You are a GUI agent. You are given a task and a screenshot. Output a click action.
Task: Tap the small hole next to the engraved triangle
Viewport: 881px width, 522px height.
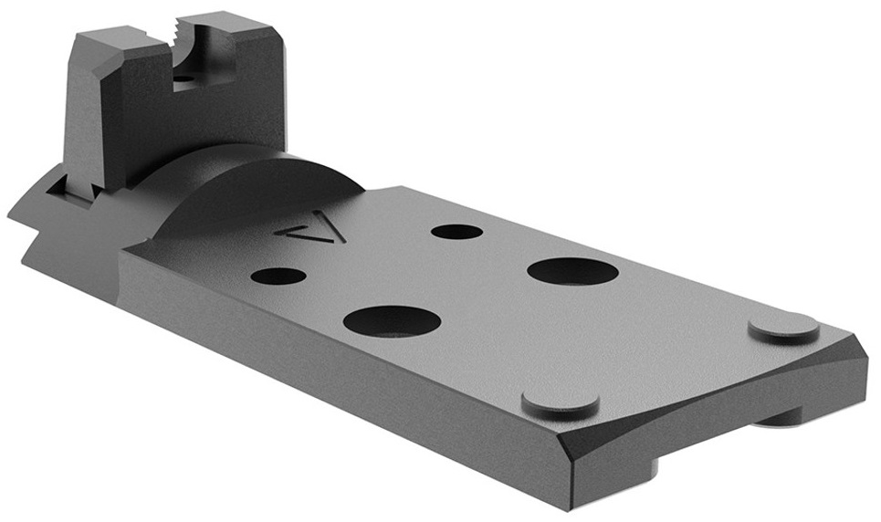pyautogui.click(x=278, y=275)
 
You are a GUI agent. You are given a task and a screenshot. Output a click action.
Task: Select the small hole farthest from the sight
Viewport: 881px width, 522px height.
pyautogui.click(x=456, y=231)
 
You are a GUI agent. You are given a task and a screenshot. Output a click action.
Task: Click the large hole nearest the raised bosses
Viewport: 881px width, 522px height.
pyautogui.click(x=572, y=271)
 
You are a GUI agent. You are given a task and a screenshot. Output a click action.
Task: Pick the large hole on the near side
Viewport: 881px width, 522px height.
pyautogui.click(x=392, y=320)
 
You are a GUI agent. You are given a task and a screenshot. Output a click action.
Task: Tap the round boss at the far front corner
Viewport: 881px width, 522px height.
pyautogui.click(x=782, y=327)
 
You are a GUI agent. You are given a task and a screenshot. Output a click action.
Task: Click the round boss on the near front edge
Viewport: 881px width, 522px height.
pyautogui.click(x=560, y=402)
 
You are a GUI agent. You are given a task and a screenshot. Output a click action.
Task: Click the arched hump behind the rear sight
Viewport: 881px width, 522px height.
pyautogui.click(x=265, y=183)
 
